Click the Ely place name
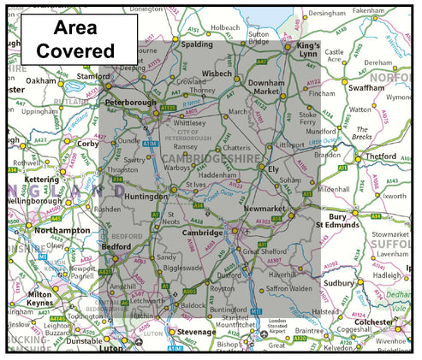(274, 169)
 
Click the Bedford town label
(116, 245)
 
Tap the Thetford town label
(382, 156)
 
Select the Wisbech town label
(217, 74)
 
